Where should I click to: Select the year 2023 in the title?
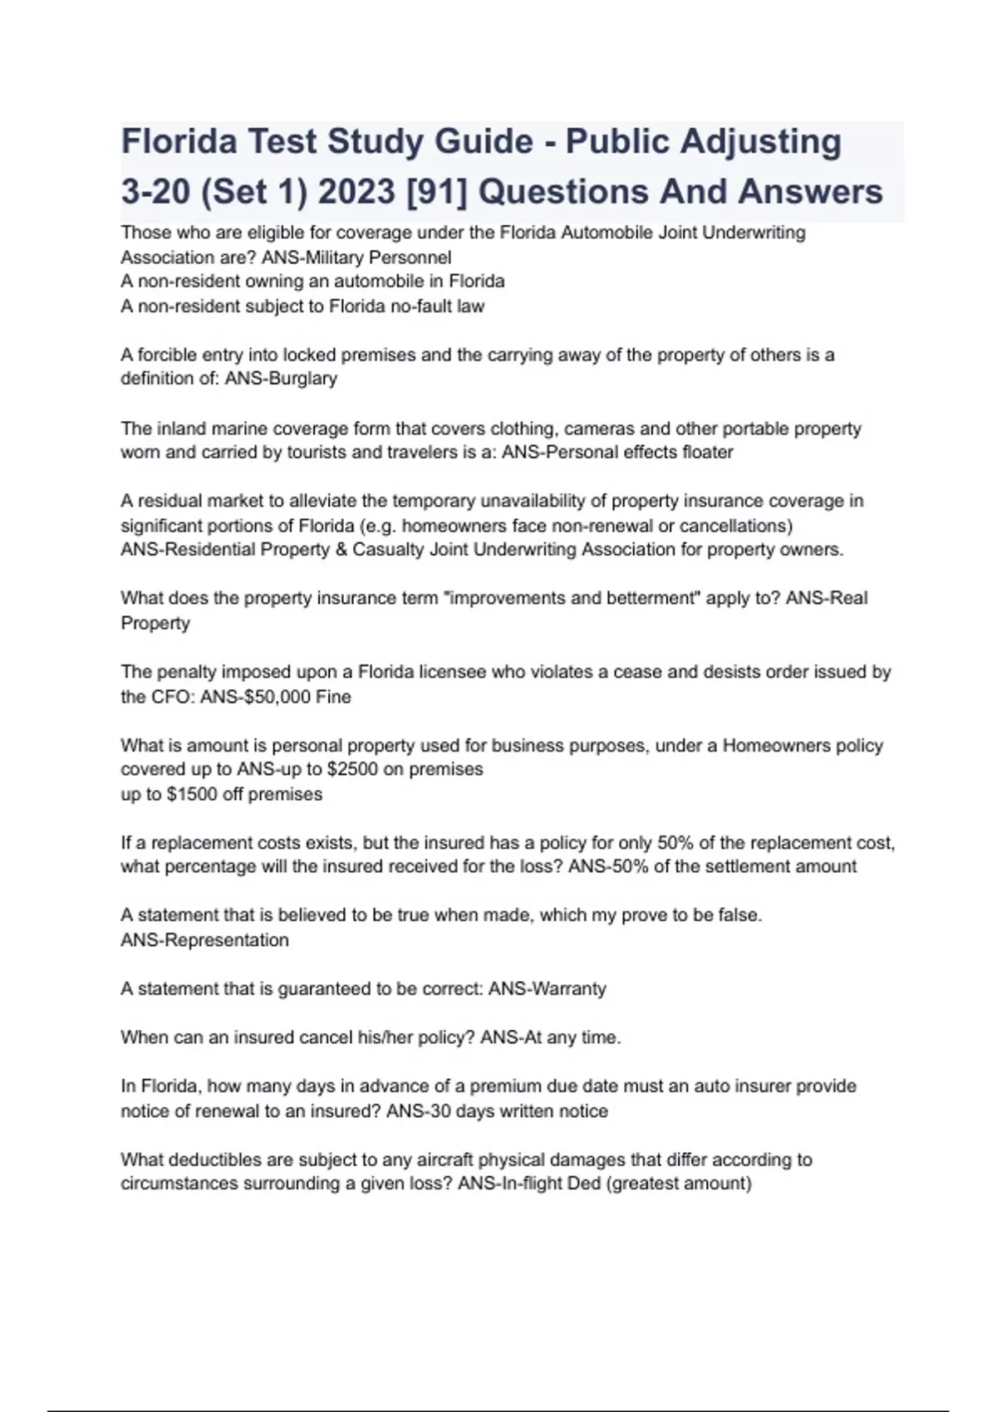point(356,192)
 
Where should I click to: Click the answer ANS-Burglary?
point(281,379)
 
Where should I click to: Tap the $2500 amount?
point(353,769)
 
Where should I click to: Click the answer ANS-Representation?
point(204,940)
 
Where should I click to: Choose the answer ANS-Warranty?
point(547,989)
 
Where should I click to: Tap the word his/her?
point(385,1037)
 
